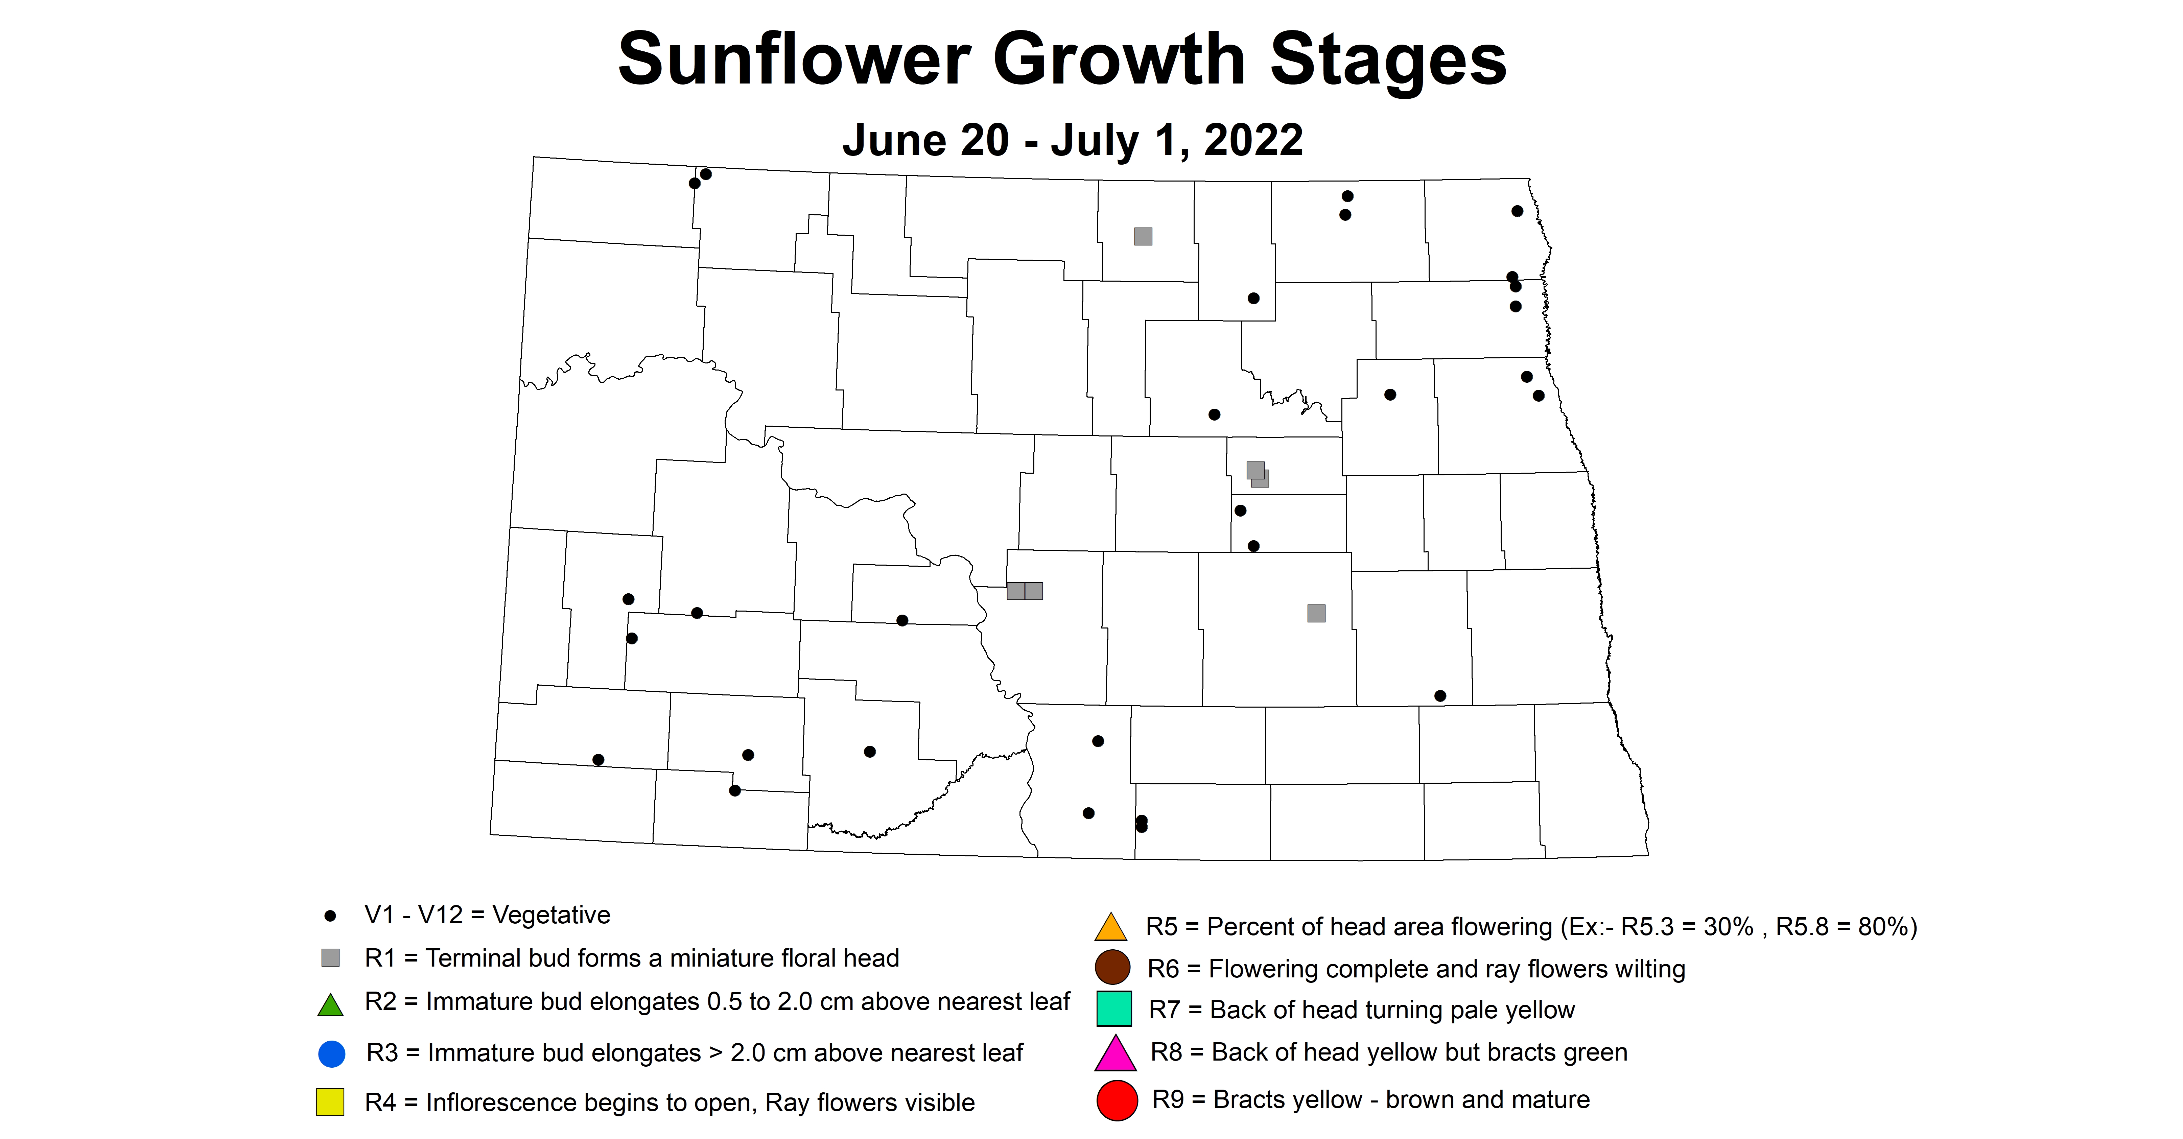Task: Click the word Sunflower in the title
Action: point(794,59)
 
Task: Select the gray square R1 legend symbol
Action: point(330,958)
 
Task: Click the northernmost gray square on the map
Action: point(1143,236)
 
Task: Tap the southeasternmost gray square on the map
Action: point(1316,613)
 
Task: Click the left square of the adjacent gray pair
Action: point(1015,591)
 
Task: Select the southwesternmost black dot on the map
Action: point(598,759)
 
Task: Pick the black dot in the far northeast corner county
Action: point(1517,211)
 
